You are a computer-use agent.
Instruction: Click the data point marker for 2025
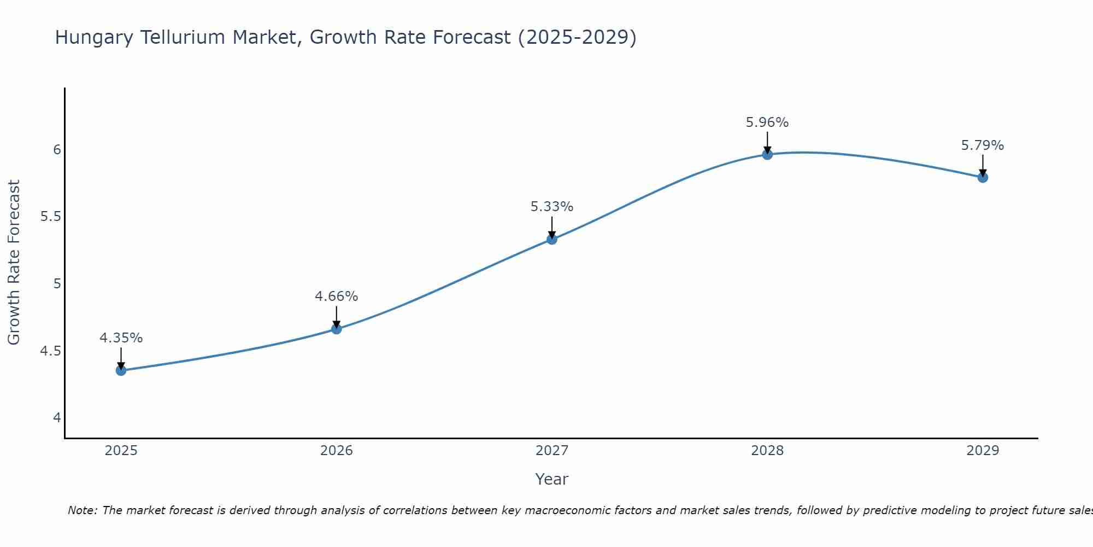point(121,370)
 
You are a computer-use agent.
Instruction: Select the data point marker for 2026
point(336,329)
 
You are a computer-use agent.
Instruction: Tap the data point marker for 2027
point(551,239)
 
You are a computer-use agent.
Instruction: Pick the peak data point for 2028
point(767,154)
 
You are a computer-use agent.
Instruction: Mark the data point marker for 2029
point(982,177)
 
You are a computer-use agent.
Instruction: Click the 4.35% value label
point(121,338)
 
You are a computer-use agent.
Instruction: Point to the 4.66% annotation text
point(336,296)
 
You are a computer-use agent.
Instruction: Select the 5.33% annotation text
point(551,207)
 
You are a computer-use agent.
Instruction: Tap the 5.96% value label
point(767,123)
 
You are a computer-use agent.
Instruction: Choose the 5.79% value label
point(982,146)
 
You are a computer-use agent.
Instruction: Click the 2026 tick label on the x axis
point(336,451)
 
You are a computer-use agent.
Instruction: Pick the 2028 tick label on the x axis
point(767,451)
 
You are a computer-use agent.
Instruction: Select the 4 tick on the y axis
point(57,418)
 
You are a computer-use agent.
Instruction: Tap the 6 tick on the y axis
point(57,149)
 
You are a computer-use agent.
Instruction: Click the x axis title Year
point(551,479)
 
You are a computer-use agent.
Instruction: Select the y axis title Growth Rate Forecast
point(14,263)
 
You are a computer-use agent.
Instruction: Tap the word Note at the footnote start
point(81,510)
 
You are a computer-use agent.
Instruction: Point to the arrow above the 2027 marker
point(551,227)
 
